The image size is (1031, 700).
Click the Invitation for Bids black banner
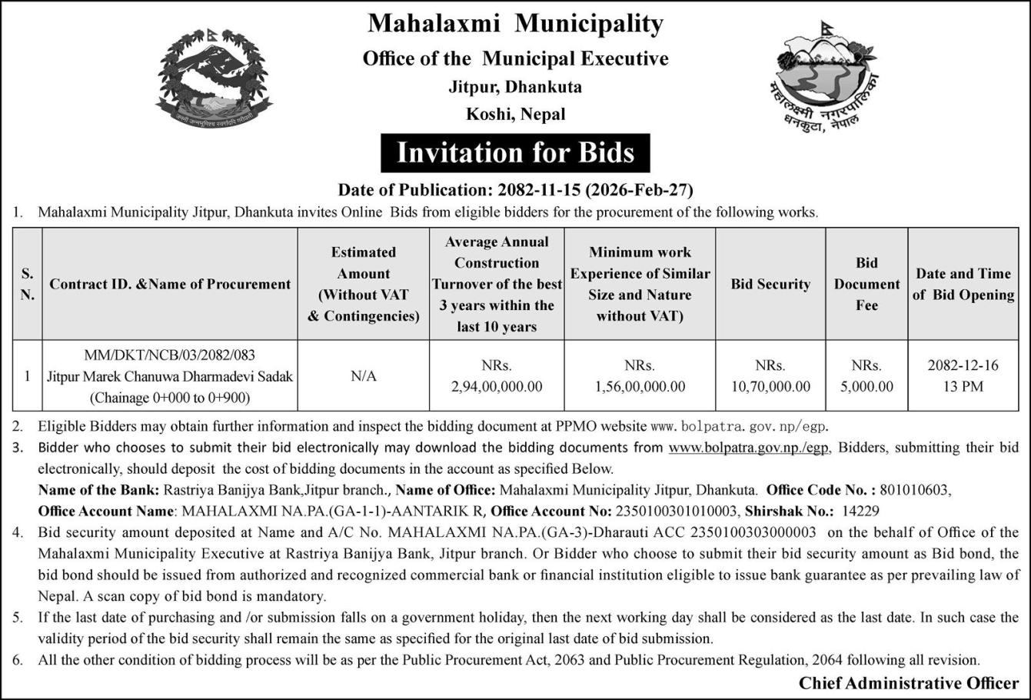(x=515, y=152)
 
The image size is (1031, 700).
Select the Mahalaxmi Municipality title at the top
(x=515, y=24)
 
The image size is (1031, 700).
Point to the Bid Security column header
(x=770, y=284)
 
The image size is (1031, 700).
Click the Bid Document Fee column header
(x=866, y=284)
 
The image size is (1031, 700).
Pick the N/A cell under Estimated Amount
(x=363, y=376)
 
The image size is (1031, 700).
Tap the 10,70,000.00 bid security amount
(x=770, y=386)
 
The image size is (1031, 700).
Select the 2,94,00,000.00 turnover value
(x=497, y=386)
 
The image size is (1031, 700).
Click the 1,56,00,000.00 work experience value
(x=640, y=386)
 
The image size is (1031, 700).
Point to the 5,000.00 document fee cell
(x=866, y=386)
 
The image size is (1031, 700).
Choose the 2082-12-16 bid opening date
(x=963, y=365)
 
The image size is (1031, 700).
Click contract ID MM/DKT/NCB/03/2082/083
(x=170, y=355)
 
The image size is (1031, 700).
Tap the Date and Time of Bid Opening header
(x=963, y=284)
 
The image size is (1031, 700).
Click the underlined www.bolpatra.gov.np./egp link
(x=749, y=447)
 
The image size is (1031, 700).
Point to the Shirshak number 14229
(x=861, y=511)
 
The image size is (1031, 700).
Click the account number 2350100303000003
(x=753, y=532)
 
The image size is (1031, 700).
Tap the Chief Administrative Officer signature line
(x=908, y=683)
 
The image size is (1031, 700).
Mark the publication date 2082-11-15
(x=537, y=189)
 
